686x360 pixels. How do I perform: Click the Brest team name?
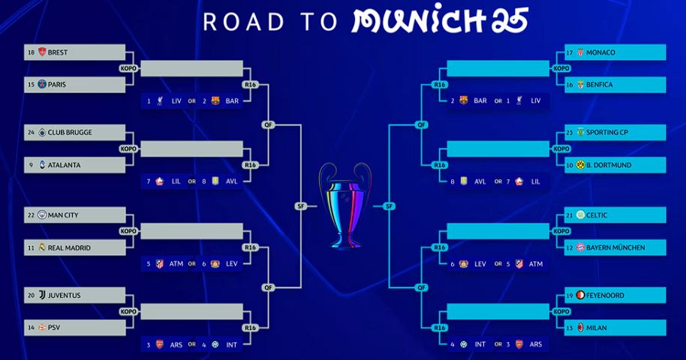point(58,52)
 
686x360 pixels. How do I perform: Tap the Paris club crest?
point(42,85)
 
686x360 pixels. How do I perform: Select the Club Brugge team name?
point(70,132)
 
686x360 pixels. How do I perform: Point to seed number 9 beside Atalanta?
point(31,165)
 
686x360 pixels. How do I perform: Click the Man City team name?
point(63,215)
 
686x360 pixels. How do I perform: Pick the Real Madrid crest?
point(42,247)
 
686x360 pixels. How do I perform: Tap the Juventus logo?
point(43,295)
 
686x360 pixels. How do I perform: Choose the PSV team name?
point(54,328)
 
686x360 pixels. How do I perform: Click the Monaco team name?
point(600,52)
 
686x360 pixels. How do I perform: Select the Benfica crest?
point(581,85)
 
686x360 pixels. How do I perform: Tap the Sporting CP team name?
point(606,132)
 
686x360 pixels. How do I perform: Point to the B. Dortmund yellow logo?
point(581,165)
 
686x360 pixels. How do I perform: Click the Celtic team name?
point(597,215)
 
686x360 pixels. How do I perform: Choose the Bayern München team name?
point(615,247)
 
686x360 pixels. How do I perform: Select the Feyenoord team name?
point(605,295)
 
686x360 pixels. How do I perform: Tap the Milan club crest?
point(581,327)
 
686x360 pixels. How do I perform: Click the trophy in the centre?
point(345,205)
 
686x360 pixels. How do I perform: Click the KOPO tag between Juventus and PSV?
point(128,311)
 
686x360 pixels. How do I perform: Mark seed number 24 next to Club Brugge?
point(31,132)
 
